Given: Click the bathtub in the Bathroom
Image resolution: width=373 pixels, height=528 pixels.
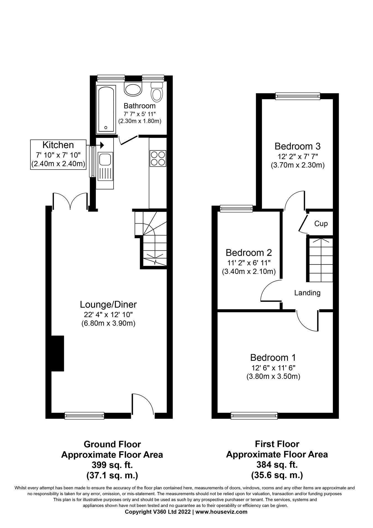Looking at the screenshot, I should (x=106, y=109).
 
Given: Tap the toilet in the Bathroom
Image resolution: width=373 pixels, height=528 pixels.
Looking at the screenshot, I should (x=157, y=92).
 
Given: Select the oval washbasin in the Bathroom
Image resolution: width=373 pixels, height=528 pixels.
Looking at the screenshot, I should (x=133, y=89).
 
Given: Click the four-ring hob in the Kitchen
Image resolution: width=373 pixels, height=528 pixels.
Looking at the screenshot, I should (x=158, y=158).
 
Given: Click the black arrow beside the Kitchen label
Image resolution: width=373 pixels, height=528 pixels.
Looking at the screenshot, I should (x=101, y=145).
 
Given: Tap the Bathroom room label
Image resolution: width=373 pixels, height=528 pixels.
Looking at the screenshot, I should (x=140, y=106).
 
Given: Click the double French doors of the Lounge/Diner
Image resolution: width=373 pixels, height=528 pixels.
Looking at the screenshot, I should (x=70, y=202).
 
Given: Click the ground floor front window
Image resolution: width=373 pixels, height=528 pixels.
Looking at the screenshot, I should (x=84, y=415).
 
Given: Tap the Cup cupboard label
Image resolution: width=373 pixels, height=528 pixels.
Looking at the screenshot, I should (x=321, y=223).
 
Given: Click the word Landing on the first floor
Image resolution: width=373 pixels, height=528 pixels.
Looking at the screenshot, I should (x=307, y=293).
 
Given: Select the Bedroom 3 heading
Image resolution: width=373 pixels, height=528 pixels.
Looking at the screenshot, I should (x=297, y=146).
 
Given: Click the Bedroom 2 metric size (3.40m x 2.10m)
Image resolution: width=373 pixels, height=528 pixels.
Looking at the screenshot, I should (x=249, y=271).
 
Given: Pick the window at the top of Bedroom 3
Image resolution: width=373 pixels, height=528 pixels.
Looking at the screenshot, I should (x=298, y=96).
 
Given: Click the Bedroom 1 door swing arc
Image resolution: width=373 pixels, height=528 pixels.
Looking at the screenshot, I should (x=307, y=321).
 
